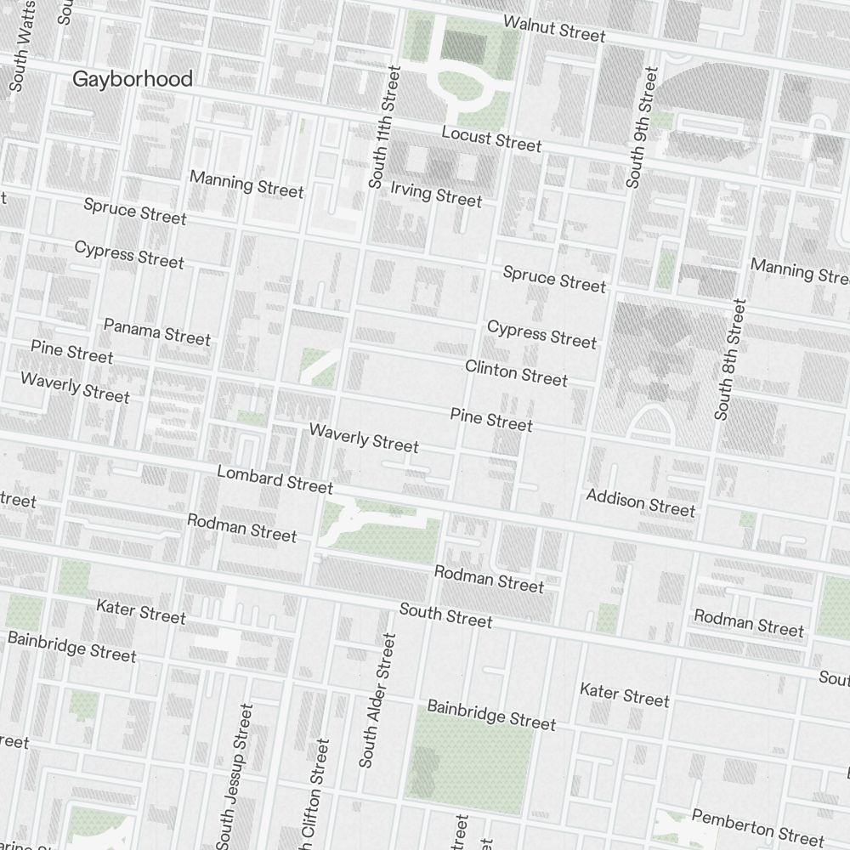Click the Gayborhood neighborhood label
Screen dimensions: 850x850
coord(133,79)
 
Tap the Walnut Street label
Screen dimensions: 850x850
coord(554,28)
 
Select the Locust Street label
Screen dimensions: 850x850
coord(491,139)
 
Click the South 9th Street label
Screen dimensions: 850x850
coord(642,127)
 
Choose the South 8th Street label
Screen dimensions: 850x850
coord(730,359)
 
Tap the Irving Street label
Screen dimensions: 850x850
coord(436,194)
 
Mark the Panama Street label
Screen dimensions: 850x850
coord(157,331)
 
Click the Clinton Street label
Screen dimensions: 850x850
coord(516,372)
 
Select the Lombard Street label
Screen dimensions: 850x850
coord(275,479)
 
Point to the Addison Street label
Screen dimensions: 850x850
coord(641,502)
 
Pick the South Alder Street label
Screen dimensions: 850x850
coord(377,700)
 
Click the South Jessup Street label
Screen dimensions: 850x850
coord(235,775)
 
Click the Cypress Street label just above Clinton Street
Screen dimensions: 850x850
coord(542,333)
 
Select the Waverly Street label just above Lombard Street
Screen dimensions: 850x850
coord(364,437)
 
